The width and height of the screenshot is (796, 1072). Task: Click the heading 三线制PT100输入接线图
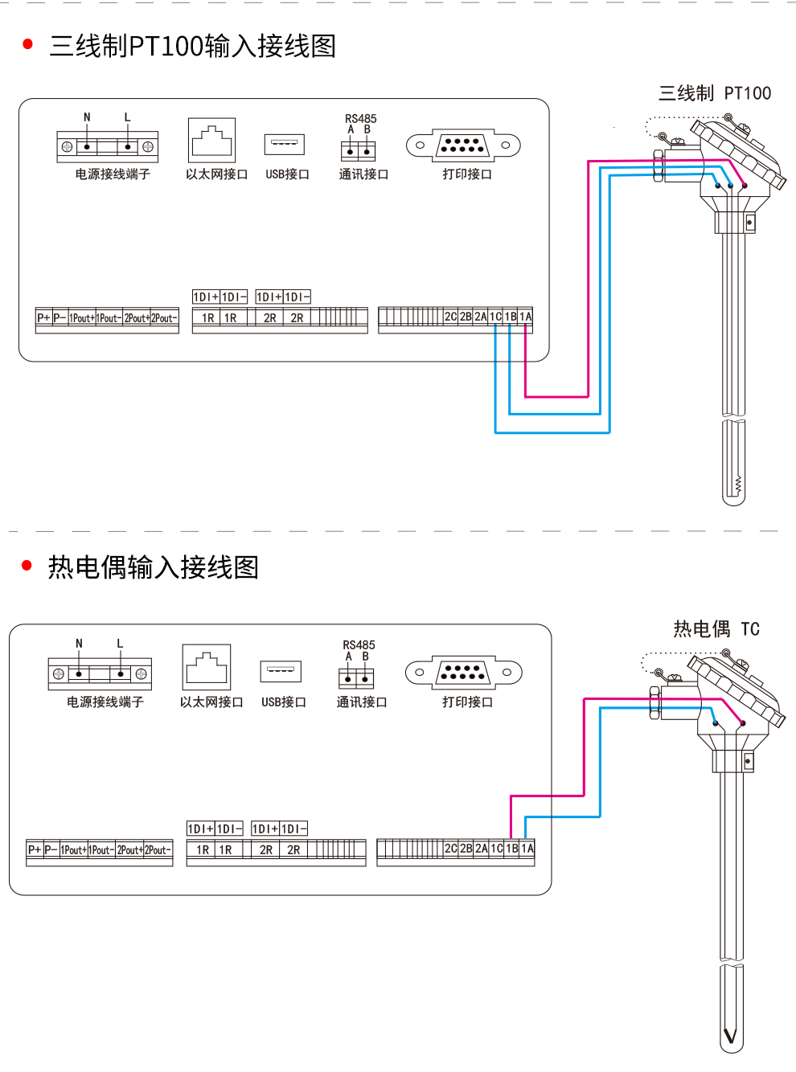point(192,47)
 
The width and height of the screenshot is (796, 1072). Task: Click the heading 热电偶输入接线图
point(153,567)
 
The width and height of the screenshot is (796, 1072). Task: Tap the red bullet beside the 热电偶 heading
point(27,566)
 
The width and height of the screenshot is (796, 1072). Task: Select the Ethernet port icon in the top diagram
point(211,141)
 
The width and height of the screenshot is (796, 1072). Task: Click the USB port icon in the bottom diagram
point(281,671)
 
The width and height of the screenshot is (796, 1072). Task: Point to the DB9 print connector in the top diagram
point(463,145)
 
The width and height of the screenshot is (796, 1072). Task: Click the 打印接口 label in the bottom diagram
point(467,702)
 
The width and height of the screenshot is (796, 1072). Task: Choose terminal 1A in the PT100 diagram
point(525,317)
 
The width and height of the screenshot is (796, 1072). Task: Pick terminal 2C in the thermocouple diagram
point(450,849)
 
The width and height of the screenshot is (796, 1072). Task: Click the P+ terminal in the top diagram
point(43,318)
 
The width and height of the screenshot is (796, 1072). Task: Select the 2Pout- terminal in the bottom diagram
point(158,850)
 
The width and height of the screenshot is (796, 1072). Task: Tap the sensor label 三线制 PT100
point(714,94)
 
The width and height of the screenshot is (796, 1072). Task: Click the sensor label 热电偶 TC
point(716,629)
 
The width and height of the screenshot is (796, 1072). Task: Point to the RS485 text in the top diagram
point(360,119)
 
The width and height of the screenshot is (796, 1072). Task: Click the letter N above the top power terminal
point(87,117)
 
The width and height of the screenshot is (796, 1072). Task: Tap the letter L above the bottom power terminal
point(120,644)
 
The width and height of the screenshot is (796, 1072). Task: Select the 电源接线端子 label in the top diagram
point(113,174)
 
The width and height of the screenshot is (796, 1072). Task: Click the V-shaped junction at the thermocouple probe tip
point(730,1035)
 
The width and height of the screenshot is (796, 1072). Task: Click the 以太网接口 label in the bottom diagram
point(211,702)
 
